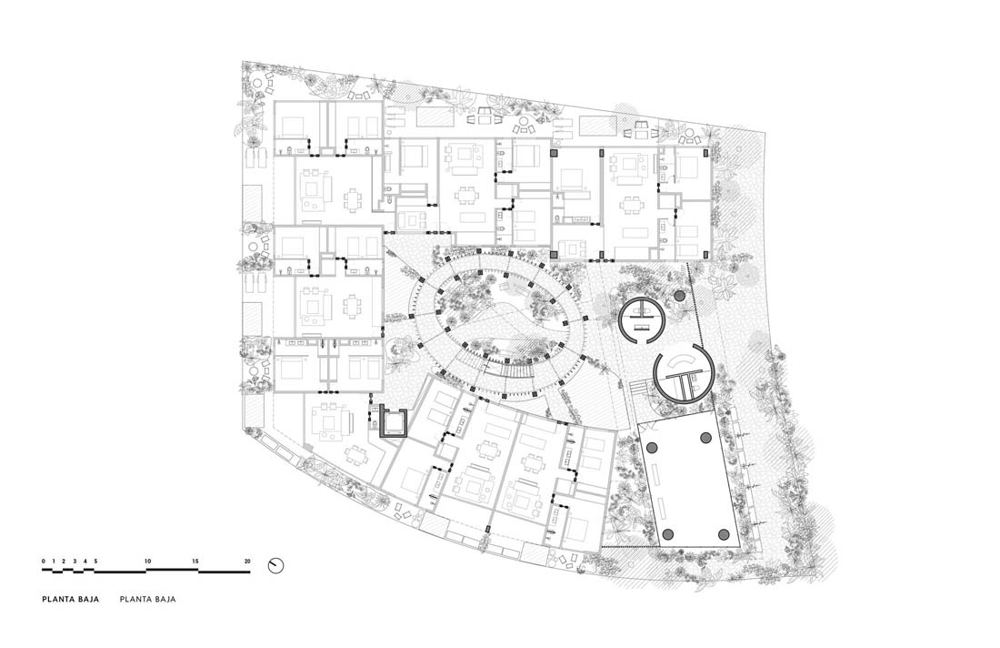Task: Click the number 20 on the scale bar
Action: [x=246, y=562]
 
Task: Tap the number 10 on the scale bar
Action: [x=148, y=562]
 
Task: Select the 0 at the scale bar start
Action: [x=44, y=562]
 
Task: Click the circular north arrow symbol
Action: [x=275, y=566]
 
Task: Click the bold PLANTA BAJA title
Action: [x=71, y=600]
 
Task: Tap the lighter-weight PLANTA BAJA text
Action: [x=147, y=600]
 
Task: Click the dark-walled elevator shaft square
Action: [x=393, y=421]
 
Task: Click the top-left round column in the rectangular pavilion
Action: [x=653, y=448]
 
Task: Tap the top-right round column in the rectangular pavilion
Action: [x=706, y=438]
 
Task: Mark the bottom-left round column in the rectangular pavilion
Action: [x=668, y=533]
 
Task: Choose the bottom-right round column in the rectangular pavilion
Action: [x=724, y=533]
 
